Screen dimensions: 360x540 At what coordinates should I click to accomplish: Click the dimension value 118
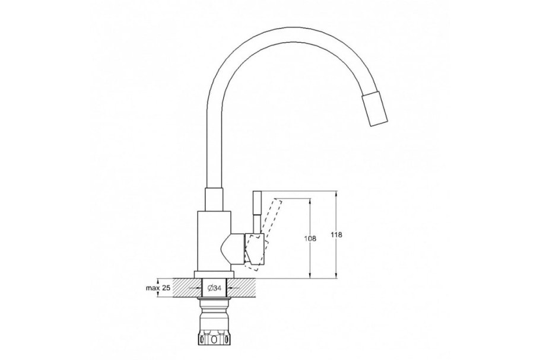click(x=336, y=235)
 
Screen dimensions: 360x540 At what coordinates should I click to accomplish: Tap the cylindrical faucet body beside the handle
click(x=212, y=240)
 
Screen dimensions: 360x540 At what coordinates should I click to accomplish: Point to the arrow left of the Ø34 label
click(x=198, y=288)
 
